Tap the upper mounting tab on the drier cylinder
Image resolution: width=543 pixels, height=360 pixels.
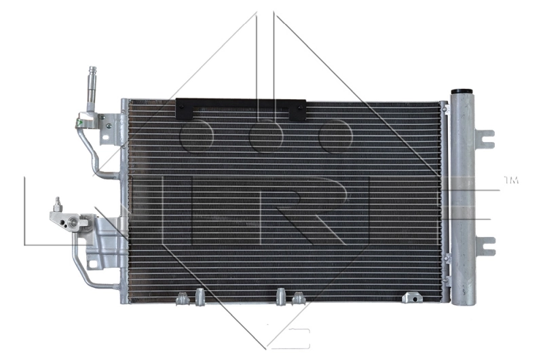485,137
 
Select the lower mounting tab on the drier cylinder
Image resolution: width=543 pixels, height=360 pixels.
485,246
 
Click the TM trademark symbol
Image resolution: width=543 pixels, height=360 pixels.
510,180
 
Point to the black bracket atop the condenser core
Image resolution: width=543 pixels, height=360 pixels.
240,107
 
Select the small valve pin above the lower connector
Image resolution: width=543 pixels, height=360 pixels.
58,202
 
